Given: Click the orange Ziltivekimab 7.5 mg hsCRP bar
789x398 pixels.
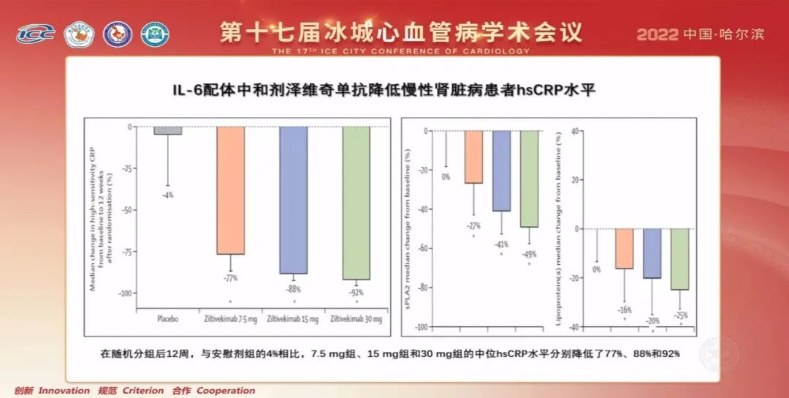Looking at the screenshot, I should [x=230, y=190].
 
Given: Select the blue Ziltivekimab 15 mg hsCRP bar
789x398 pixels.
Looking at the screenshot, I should [x=294, y=200].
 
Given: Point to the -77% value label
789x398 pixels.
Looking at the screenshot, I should [x=230, y=278].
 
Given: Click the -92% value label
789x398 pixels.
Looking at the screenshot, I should [x=356, y=293].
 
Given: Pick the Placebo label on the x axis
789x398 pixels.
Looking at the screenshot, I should [x=168, y=318].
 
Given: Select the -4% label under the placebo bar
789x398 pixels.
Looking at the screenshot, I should [x=168, y=195].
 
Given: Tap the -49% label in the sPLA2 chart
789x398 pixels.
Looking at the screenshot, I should [x=529, y=254].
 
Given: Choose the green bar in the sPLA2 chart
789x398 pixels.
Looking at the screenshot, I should [x=529, y=179].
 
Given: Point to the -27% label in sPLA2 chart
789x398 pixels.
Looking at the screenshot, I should [x=473, y=226].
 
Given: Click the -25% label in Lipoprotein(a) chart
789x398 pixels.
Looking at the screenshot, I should [x=680, y=315].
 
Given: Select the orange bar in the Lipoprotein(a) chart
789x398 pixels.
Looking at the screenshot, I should [x=624, y=249].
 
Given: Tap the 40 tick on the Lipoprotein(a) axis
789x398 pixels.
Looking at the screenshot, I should [x=576, y=132].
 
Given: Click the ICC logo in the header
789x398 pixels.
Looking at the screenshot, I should [x=35, y=34].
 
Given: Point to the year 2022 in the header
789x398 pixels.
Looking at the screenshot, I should [x=657, y=34].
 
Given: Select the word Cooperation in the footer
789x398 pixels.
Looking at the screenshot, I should [x=226, y=391].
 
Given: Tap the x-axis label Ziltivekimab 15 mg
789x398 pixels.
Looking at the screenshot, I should [x=292, y=318].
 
